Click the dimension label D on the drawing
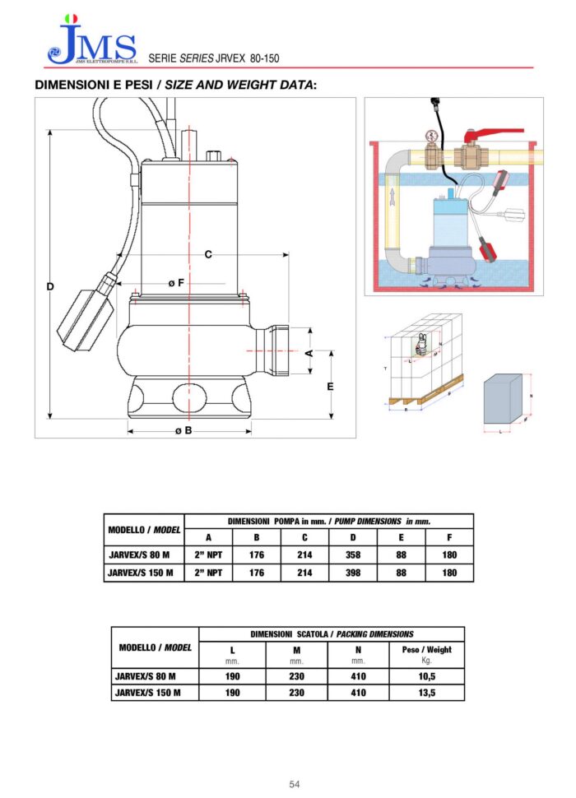coord(50,286)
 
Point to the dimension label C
coord(208,255)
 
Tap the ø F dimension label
coord(175,282)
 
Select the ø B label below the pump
coord(183,430)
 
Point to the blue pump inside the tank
coord(448,230)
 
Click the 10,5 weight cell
coord(425,675)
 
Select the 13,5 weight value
coord(425,693)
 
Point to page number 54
coord(295,784)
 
